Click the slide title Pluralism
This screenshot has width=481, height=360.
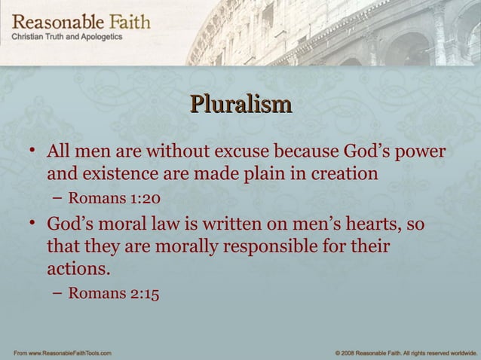[x=240, y=104]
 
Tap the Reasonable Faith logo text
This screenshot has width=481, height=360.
[x=81, y=21]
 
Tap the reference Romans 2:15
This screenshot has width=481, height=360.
[x=114, y=294]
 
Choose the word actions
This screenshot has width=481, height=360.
[x=78, y=268]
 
